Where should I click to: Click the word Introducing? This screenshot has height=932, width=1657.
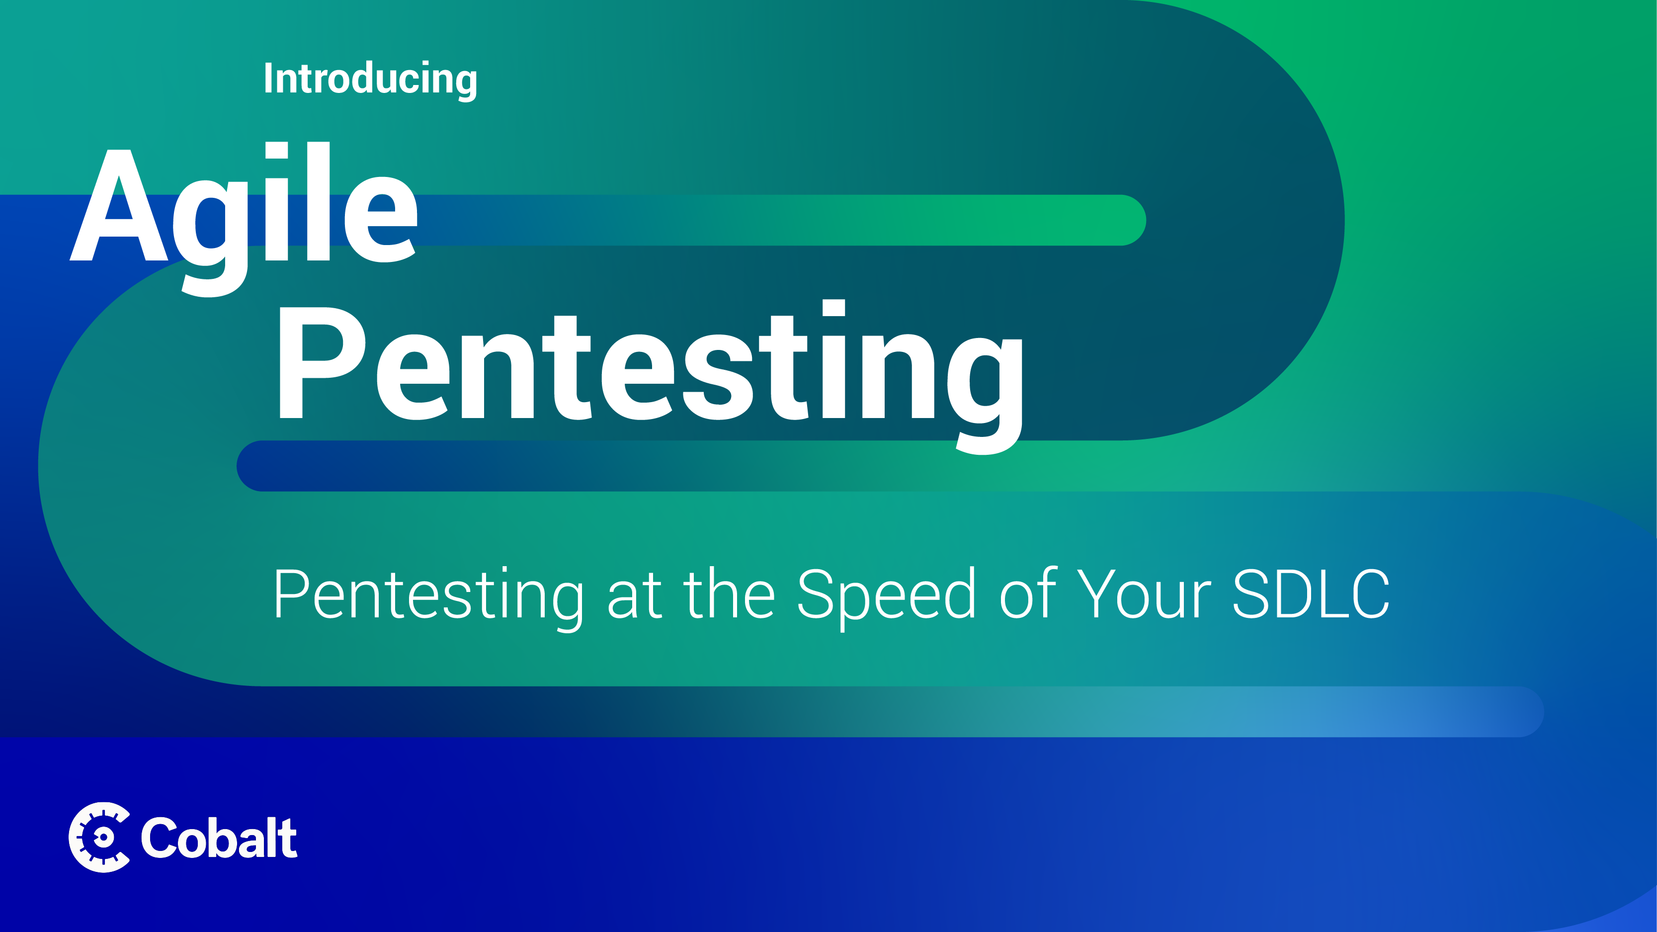point(370,80)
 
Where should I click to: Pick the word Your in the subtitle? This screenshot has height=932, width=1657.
point(1144,594)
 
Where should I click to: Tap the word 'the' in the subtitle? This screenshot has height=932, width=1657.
point(729,593)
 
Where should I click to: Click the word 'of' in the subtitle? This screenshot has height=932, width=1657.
point(1028,593)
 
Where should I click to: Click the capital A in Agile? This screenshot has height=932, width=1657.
point(119,206)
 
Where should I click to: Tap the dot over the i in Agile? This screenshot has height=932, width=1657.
point(277,150)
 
